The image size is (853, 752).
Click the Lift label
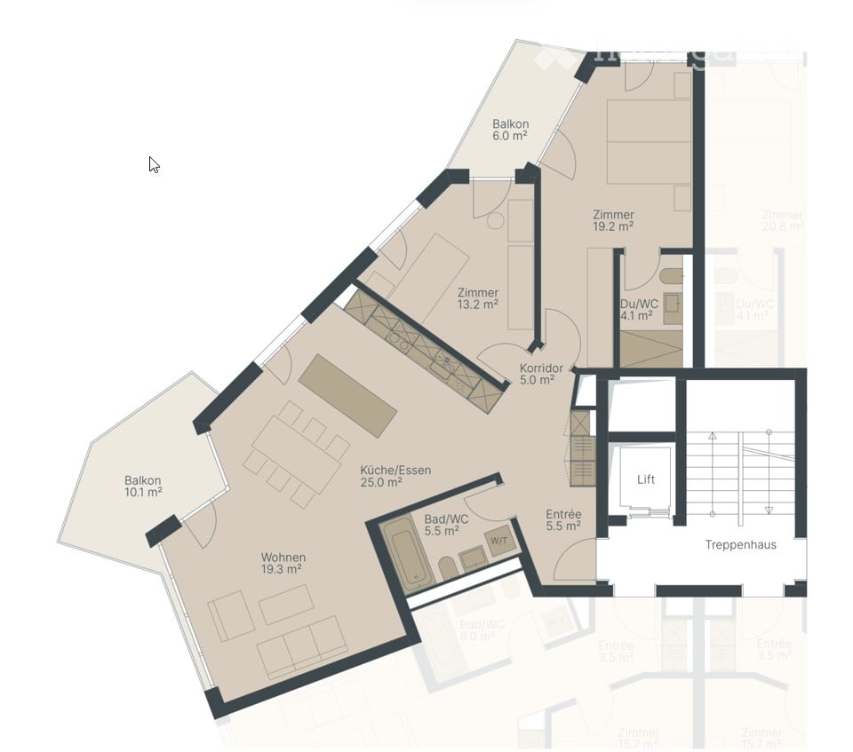coord(646,479)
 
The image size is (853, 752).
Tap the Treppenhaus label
coord(740,544)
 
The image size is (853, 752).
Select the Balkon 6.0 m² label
coord(511,131)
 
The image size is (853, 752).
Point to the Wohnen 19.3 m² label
coord(283,563)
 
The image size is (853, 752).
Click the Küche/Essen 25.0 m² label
coord(395,476)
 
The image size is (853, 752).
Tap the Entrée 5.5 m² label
coord(563,519)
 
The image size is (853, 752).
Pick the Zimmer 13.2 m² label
coord(477,298)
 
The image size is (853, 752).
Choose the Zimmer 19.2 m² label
coord(613,220)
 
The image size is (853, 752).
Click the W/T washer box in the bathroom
coord(498,542)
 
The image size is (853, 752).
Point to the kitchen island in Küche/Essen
coord(347,395)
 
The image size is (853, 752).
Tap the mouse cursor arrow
coord(154,164)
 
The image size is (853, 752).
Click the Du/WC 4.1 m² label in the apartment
coord(639,308)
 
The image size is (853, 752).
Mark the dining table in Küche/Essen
coord(298,453)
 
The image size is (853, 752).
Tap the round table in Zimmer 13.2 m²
coord(495,221)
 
